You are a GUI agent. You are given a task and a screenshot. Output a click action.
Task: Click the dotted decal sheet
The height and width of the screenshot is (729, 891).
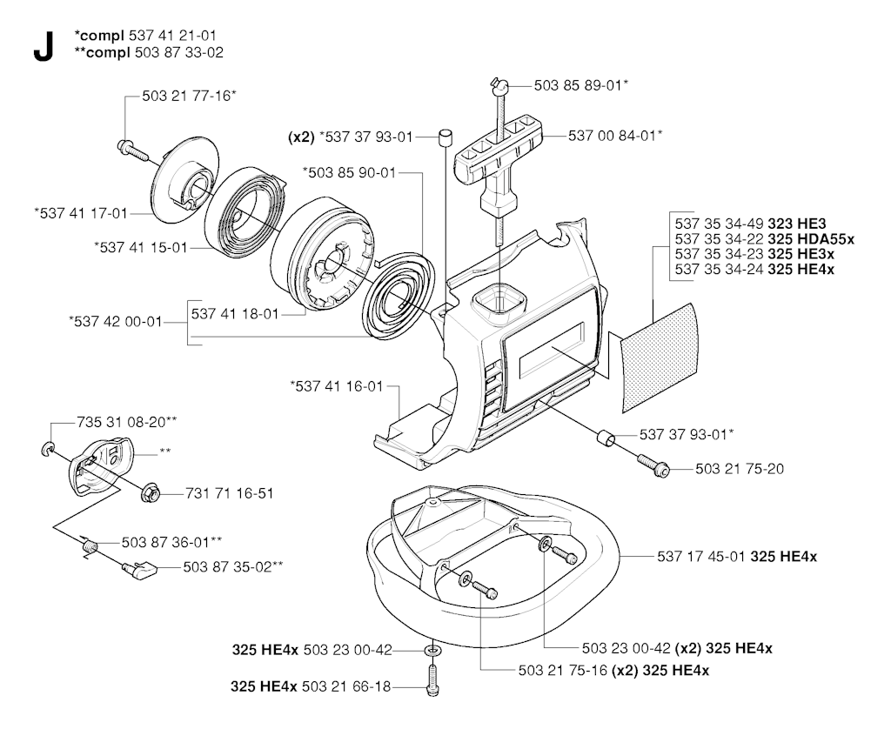point(660,358)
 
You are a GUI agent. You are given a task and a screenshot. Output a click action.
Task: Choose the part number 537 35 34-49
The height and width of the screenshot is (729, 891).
point(720,224)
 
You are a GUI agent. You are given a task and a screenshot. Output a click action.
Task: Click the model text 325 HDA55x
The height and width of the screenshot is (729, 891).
point(811,238)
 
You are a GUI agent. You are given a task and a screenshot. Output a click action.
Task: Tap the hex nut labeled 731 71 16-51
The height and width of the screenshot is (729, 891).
point(151,492)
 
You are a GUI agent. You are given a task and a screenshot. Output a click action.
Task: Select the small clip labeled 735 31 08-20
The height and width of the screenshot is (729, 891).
point(48,450)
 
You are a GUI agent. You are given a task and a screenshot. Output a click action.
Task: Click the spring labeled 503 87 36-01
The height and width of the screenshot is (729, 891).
point(90,546)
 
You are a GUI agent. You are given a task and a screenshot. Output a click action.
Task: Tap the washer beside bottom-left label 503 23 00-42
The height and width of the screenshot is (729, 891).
point(432,650)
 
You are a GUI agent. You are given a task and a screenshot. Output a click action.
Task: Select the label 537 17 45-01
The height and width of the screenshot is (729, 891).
point(700,556)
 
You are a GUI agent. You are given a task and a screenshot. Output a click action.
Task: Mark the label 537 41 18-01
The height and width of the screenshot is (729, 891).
point(235,314)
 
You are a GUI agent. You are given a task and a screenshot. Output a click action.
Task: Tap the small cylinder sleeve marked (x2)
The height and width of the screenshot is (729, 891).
point(445,137)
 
